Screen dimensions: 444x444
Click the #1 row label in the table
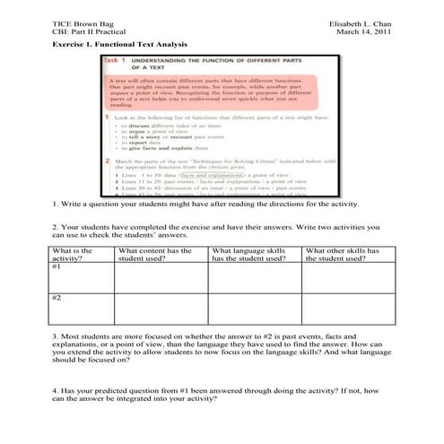tap(58, 267)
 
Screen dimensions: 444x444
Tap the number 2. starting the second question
tap(56, 229)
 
